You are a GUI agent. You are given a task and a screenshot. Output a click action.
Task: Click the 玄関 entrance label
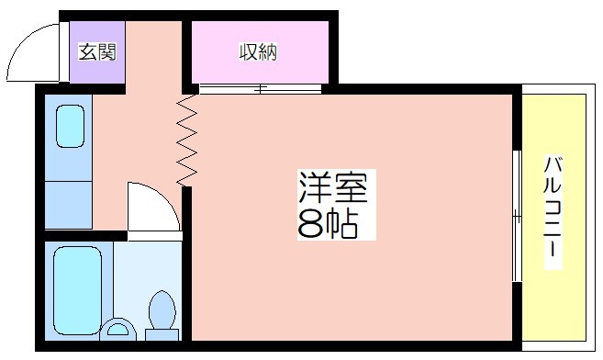[x=97, y=52]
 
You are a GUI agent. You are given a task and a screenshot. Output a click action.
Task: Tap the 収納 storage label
[x=259, y=52]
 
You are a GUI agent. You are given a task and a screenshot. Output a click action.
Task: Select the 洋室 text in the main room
[x=334, y=187]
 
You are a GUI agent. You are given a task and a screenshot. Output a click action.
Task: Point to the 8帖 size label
[x=328, y=224]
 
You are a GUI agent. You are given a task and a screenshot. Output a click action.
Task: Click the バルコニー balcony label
[x=553, y=207]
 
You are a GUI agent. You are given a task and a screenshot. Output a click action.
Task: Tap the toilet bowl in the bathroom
[x=162, y=310]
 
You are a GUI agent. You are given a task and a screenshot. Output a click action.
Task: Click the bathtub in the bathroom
[x=78, y=290]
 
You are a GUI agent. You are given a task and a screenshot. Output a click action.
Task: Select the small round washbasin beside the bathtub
[x=117, y=330]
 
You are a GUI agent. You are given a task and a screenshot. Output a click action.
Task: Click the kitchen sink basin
[x=70, y=126]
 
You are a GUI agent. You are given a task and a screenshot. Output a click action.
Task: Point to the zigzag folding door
[x=186, y=141]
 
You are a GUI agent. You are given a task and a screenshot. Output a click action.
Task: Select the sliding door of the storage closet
[x=260, y=89]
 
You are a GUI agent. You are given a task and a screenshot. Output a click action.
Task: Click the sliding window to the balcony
[x=518, y=216]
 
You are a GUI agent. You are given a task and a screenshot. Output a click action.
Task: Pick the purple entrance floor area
[x=97, y=52]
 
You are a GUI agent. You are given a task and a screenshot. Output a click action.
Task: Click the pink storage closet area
[x=260, y=52]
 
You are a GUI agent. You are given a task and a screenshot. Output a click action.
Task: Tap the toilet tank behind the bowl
[x=162, y=334]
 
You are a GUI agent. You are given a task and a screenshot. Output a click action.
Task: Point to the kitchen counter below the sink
[x=69, y=205]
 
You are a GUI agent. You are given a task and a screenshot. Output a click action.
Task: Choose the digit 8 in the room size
[x=311, y=225]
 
